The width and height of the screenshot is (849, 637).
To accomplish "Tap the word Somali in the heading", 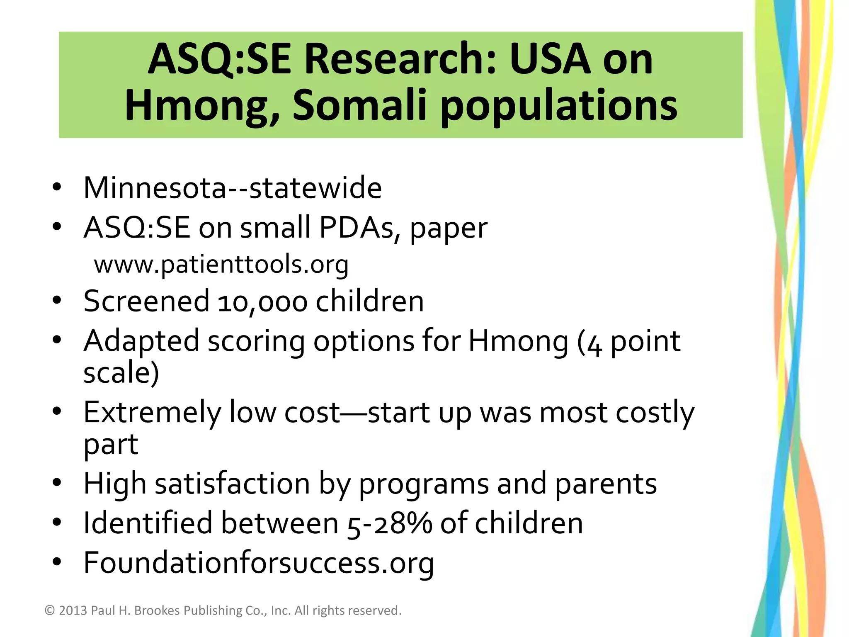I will [x=359, y=105].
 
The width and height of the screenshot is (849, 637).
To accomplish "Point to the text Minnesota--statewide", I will [x=232, y=188].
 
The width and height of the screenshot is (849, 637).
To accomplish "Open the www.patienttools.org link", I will [x=221, y=265].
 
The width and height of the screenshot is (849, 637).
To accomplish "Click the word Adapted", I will [x=141, y=341].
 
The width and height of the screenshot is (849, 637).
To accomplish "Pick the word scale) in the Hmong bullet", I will [x=121, y=372].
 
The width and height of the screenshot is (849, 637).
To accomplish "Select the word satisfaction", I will [x=232, y=484].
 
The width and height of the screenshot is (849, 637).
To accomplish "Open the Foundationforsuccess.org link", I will [x=259, y=563].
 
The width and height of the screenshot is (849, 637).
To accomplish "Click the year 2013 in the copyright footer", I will [x=73, y=610].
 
